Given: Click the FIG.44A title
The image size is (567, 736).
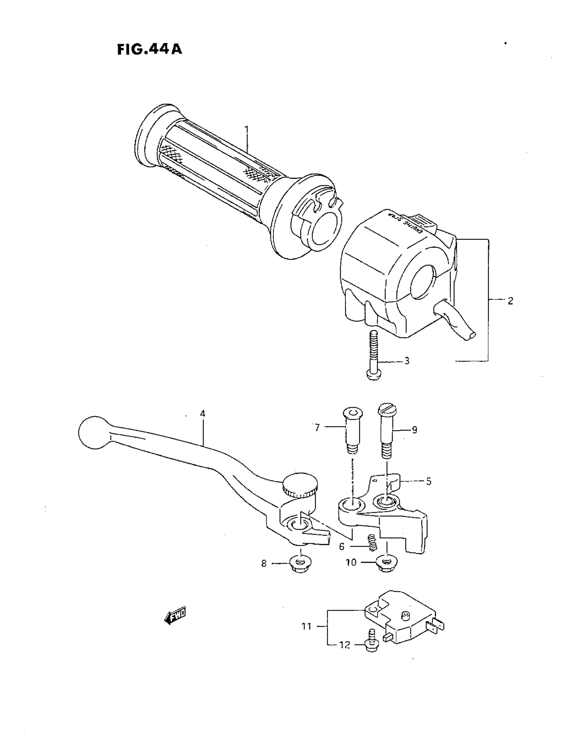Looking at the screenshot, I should click(149, 50).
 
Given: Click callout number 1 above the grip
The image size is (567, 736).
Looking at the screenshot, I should click(247, 129).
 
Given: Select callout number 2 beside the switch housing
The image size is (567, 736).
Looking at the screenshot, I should click(510, 301).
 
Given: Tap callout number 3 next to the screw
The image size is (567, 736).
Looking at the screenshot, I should click(407, 361).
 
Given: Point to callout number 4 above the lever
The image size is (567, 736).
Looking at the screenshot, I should click(202, 414).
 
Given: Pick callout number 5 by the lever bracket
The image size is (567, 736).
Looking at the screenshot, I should click(429, 482).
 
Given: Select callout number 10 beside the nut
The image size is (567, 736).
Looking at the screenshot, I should click(351, 563).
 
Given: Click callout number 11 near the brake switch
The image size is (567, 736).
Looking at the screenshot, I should click(306, 627).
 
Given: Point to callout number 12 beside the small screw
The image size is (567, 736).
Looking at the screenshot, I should click(345, 645).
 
